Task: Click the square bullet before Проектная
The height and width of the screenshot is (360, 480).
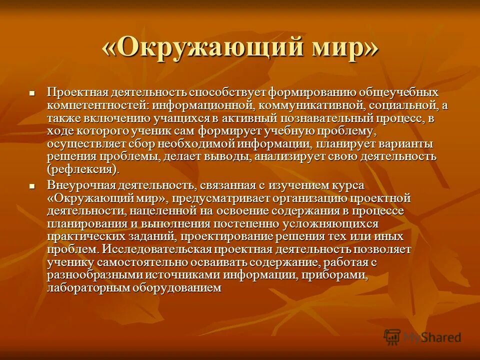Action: pyautogui.click(x=32, y=93)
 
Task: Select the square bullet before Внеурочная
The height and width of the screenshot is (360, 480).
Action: pyautogui.click(x=32, y=186)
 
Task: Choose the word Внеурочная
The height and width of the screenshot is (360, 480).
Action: pyautogui.click(x=81, y=186)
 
